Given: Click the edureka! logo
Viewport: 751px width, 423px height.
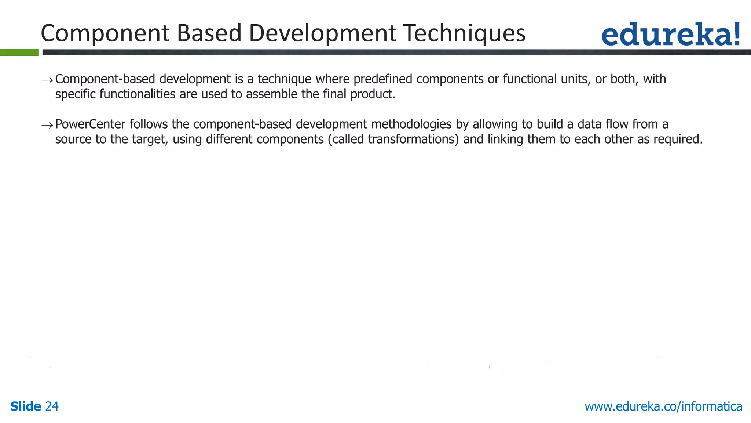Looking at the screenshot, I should pos(670,34).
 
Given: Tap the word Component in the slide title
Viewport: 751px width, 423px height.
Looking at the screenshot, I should pos(105,33).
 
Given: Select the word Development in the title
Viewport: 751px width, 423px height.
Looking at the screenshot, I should pos(323,33).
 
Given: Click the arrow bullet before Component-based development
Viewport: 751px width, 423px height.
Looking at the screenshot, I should pos(47,80).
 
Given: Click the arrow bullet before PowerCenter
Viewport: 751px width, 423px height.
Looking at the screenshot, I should pos(47,125).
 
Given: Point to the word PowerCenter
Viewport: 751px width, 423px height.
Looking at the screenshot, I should pos(90,124).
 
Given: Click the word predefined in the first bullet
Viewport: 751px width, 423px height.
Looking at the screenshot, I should pos(383,79).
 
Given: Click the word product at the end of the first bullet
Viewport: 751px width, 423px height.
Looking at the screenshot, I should pos(373,94).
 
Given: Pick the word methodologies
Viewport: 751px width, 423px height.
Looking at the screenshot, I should pos(411,124).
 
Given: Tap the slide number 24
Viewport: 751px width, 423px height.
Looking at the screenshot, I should pos(52,406).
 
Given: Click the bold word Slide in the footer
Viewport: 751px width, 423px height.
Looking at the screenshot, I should pos(26,406).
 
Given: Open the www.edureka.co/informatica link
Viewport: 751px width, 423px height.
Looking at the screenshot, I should pos(663,406).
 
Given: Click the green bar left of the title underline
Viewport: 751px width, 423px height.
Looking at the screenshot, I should pos(19,53).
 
